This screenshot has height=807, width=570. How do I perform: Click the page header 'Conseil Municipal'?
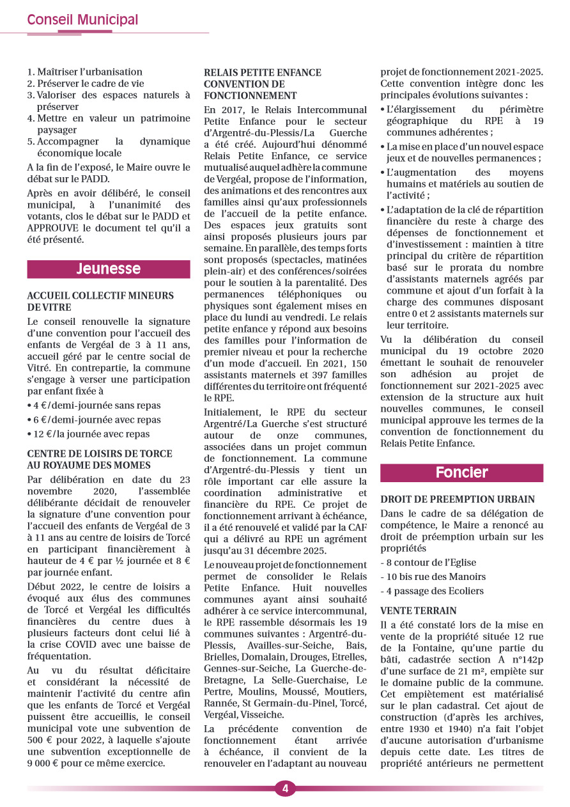tap(82, 20)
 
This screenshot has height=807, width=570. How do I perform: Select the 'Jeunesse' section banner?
tap(108, 269)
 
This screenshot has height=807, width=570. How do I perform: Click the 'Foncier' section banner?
tap(461, 473)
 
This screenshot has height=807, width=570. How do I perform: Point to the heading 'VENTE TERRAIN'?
tap(418, 611)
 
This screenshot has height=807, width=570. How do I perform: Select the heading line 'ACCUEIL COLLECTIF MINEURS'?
tap(100, 295)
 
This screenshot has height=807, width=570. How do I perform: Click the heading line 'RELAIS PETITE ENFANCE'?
tap(263, 73)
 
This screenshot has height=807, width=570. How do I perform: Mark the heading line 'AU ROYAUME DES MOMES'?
tap(89, 465)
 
